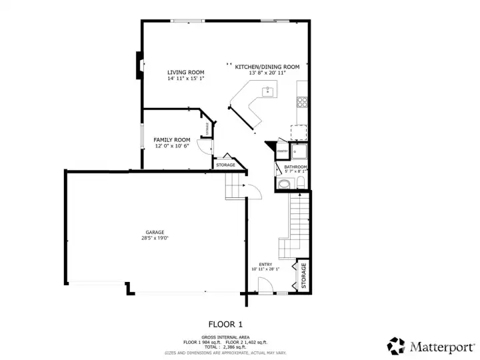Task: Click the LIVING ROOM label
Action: pyautogui.click(x=185, y=72)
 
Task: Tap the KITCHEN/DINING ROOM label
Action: pyautogui.click(x=267, y=67)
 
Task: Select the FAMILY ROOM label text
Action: pyautogui.click(x=172, y=140)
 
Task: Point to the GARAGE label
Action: pyautogui.click(x=155, y=233)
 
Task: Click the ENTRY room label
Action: pyautogui.click(x=265, y=264)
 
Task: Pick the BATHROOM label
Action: pyautogui.click(x=295, y=167)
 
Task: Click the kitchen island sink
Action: pyautogui.click(x=268, y=91)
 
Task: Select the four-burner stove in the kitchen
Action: pyautogui.click(x=302, y=102)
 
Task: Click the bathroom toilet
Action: pyautogui.click(x=301, y=181)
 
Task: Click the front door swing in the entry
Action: pyautogui.click(x=265, y=287)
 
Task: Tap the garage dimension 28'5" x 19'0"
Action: pyautogui.click(x=155, y=238)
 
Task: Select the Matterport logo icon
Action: pyautogui.click(x=396, y=345)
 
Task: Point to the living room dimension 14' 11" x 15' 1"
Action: pyautogui.click(x=185, y=78)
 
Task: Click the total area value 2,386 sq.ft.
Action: pyautogui.click(x=233, y=347)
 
